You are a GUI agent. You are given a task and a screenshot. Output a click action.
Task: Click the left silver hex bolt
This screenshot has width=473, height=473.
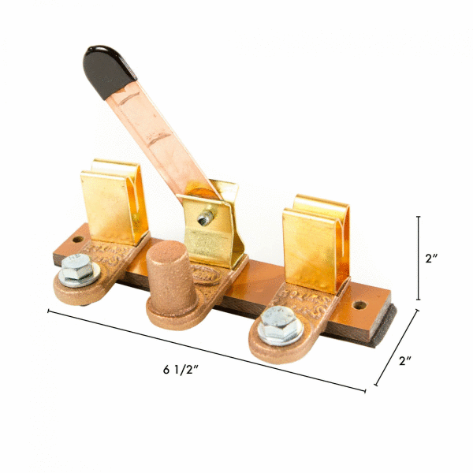[77, 273]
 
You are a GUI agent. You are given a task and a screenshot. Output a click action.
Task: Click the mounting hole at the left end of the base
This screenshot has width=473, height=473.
[80, 237]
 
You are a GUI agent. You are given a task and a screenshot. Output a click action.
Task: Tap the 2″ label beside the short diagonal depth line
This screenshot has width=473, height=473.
[406, 361]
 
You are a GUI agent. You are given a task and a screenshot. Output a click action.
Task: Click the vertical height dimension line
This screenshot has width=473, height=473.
[419, 258]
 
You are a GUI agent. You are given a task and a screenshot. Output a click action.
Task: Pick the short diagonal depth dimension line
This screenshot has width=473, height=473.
[396, 348]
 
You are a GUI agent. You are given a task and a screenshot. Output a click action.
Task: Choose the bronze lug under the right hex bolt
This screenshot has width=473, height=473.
[272, 344]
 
